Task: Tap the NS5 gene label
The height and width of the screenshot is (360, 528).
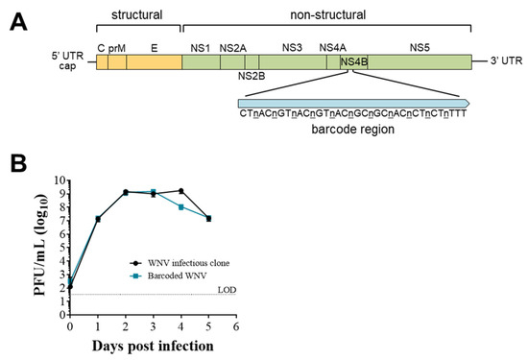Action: [420, 45]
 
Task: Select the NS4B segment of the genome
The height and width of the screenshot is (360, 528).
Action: [353, 62]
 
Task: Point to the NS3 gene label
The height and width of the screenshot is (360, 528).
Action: [292, 45]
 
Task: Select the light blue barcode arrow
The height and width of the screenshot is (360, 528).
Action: [353, 102]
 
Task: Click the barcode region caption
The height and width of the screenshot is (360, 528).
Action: [354, 128]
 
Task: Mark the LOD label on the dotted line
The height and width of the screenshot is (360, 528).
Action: [228, 289]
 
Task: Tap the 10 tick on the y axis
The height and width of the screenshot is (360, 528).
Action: [58, 180]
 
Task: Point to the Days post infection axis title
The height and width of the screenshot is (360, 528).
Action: [153, 345]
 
